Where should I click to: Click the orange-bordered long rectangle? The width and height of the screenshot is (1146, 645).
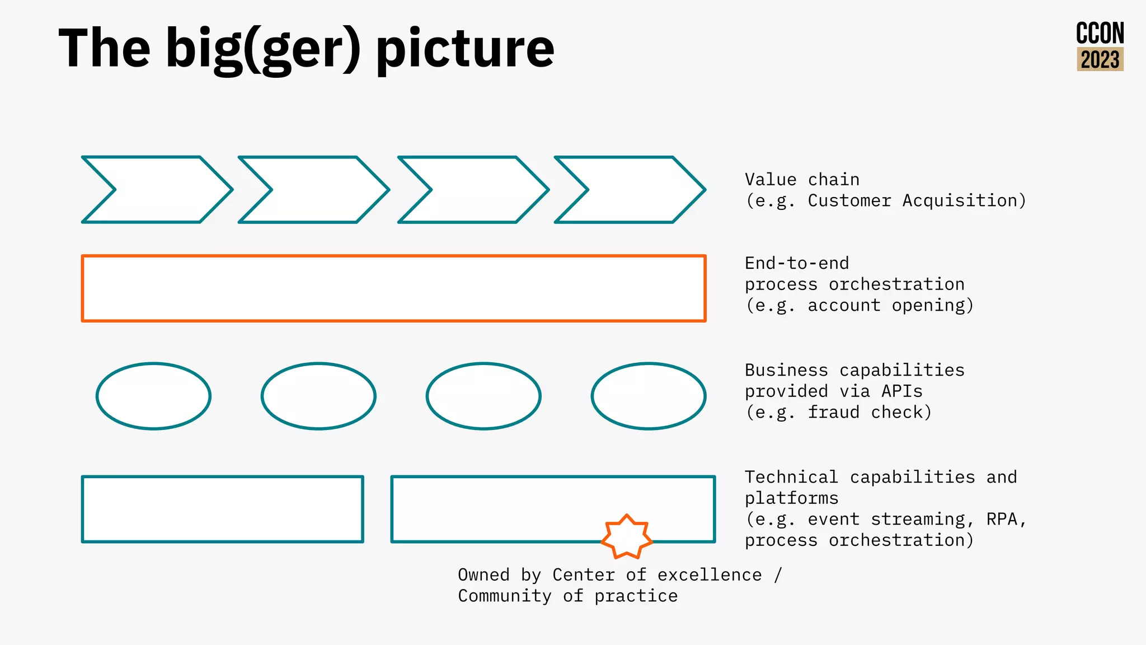pos(393,288)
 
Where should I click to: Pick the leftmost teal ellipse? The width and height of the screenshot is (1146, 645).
pos(153,396)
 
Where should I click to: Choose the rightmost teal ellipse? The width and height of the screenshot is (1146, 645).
pos(649,396)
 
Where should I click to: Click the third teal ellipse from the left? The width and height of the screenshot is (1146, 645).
pos(483,396)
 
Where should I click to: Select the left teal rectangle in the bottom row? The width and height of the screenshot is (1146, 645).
pos(223,509)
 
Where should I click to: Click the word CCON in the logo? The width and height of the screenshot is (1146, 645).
pos(1100,34)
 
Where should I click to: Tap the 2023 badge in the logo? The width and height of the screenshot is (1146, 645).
pos(1100,59)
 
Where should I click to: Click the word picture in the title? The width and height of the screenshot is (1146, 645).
pos(464,49)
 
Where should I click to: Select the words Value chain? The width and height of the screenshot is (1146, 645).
pos(801,180)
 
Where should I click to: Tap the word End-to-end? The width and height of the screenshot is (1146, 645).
pos(796,263)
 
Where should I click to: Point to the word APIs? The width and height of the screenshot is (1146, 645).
pos(901,391)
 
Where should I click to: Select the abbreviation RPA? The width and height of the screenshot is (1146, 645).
pos(1002,520)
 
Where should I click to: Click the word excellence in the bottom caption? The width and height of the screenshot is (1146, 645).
pos(709,575)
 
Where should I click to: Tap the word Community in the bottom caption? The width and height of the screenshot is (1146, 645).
pos(504,596)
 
